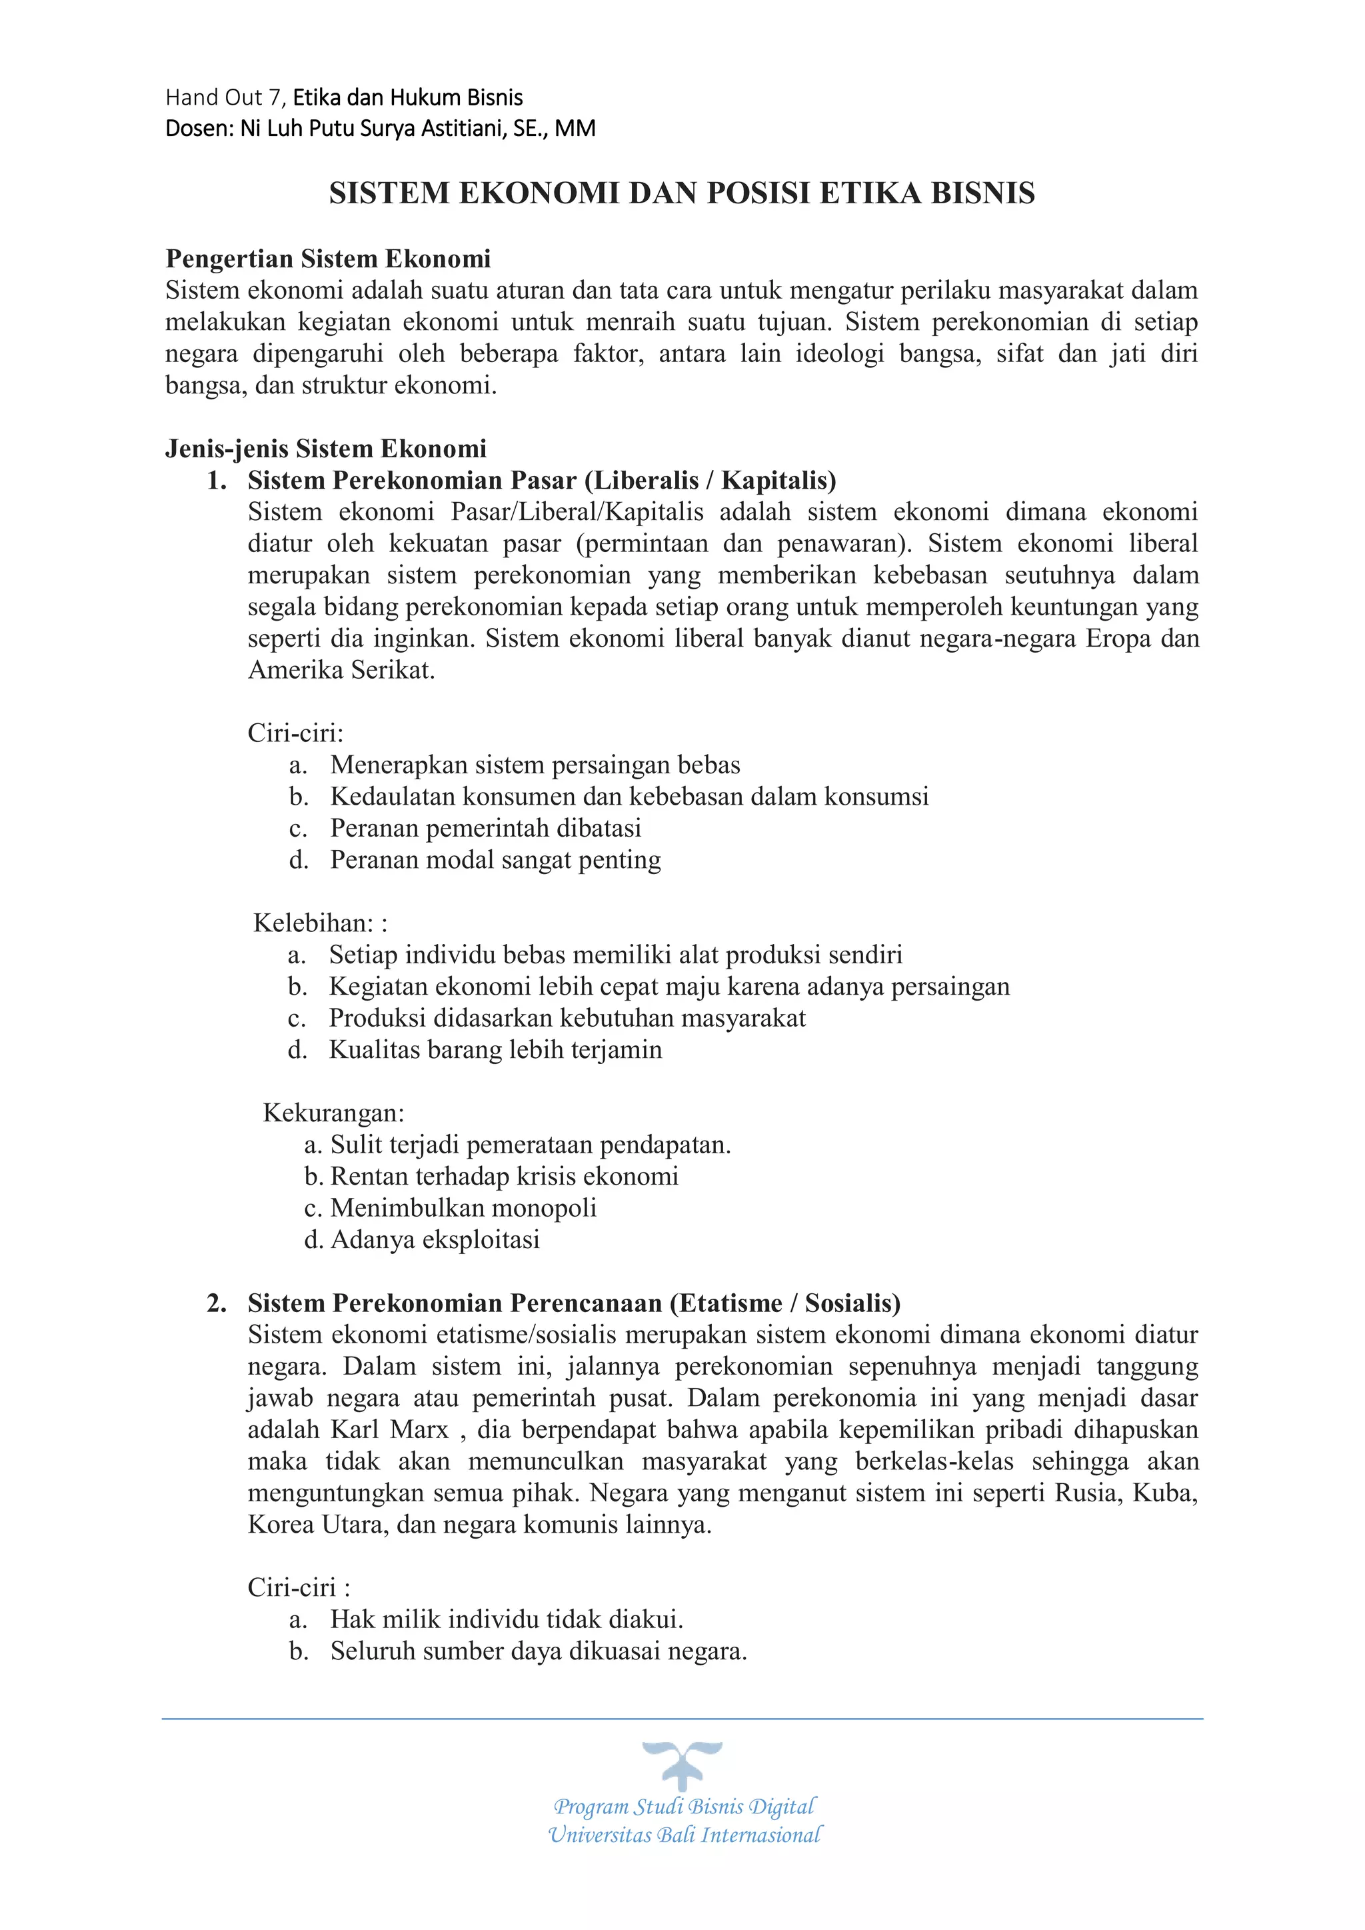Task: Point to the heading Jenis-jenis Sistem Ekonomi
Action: (325, 448)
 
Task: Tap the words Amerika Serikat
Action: (341, 670)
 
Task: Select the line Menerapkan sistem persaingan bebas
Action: (535, 765)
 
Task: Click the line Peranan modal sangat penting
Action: (495, 860)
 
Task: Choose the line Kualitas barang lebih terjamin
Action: (495, 1050)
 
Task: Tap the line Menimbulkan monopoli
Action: (463, 1208)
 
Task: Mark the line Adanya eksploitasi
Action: (435, 1240)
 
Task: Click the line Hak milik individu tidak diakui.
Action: (506, 1620)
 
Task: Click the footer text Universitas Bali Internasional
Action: (684, 1835)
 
